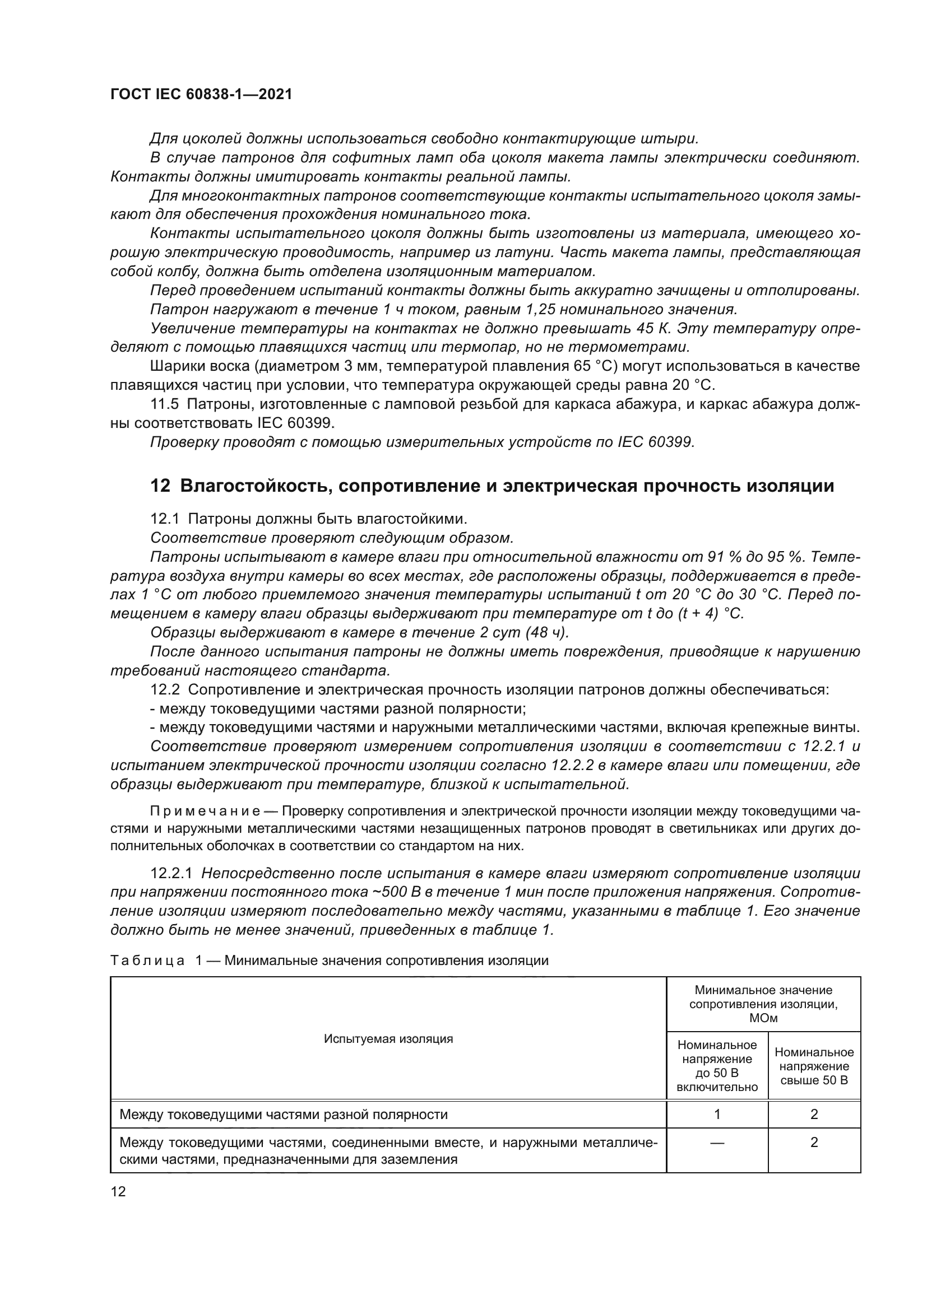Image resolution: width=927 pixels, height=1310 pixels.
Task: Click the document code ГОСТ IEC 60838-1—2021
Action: coord(201,95)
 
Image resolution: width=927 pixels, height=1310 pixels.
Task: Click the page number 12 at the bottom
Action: coord(118,1191)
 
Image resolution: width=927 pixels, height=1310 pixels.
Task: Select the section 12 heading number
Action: coord(160,486)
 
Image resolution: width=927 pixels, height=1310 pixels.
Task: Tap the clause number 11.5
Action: coord(164,404)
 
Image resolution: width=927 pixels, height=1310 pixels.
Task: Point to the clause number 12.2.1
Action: coord(172,874)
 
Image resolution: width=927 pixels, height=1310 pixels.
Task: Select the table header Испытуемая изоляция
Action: coord(388,1038)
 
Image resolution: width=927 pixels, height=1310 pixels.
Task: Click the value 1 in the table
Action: coord(717,1115)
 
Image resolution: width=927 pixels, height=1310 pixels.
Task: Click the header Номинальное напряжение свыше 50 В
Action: coord(814,1066)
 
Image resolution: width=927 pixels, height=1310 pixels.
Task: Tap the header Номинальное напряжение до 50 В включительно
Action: coord(717,1066)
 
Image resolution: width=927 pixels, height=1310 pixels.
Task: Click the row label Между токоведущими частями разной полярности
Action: coord(284,1115)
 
